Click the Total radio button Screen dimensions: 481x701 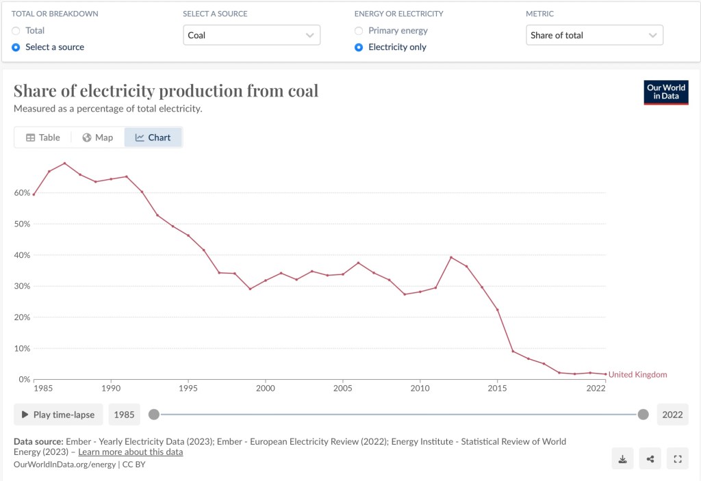(16, 31)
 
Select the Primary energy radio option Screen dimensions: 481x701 (359, 31)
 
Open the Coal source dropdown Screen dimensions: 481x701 (251, 35)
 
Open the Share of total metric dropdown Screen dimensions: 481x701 (594, 35)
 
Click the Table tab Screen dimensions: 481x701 (43, 138)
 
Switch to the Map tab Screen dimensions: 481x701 (98, 138)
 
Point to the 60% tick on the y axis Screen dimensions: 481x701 (22, 193)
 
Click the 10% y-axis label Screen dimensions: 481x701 (22, 348)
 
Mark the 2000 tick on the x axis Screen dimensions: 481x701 (265, 389)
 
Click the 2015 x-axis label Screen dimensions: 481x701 (497, 389)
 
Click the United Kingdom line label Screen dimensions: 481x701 (637, 375)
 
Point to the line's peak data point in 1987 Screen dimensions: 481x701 (64, 163)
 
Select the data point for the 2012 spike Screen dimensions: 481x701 (451, 257)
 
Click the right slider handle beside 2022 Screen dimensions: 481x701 (643, 414)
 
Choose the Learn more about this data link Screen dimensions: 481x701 (130, 452)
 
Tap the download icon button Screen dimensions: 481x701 (623, 459)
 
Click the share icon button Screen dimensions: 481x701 (650, 459)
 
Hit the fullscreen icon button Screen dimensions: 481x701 (678, 459)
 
